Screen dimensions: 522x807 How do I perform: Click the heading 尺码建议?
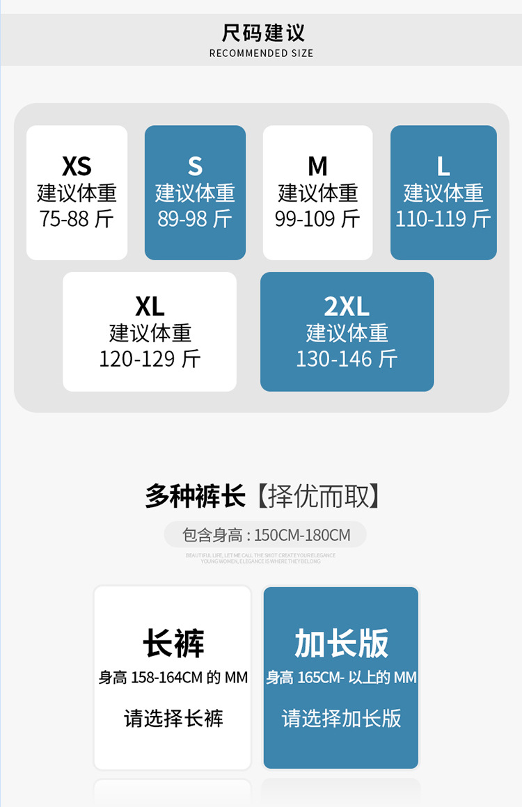(262, 33)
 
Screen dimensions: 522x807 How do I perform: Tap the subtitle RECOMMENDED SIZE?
(261, 54)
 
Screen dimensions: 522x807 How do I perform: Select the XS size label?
(77, 166)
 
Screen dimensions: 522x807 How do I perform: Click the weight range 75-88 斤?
(77, 219)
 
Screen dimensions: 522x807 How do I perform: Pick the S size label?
(195, 166)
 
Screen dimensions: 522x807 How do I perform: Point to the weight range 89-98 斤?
(195, 219)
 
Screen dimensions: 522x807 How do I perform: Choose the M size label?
(317, 166)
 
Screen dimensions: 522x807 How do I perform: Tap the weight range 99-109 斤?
(317, 219)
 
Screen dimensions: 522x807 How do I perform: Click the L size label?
(443, 166)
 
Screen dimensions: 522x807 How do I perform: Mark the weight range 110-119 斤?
(443, 219)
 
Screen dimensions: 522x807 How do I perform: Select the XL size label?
(150, 306)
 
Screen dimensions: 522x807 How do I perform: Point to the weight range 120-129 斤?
(150, 359)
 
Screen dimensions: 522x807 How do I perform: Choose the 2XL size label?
(347, 306)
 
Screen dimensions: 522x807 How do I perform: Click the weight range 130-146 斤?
(347, 359)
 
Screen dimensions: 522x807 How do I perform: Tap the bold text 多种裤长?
(195, 497)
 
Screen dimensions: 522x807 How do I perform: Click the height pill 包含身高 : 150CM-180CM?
(265, 535)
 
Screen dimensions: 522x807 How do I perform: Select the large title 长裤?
(173, 643)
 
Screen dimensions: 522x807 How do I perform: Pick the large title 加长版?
(341, 643)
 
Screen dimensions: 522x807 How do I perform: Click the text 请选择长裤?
(173, 718)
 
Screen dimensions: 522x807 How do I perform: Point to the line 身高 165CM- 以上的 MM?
(341, 677)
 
